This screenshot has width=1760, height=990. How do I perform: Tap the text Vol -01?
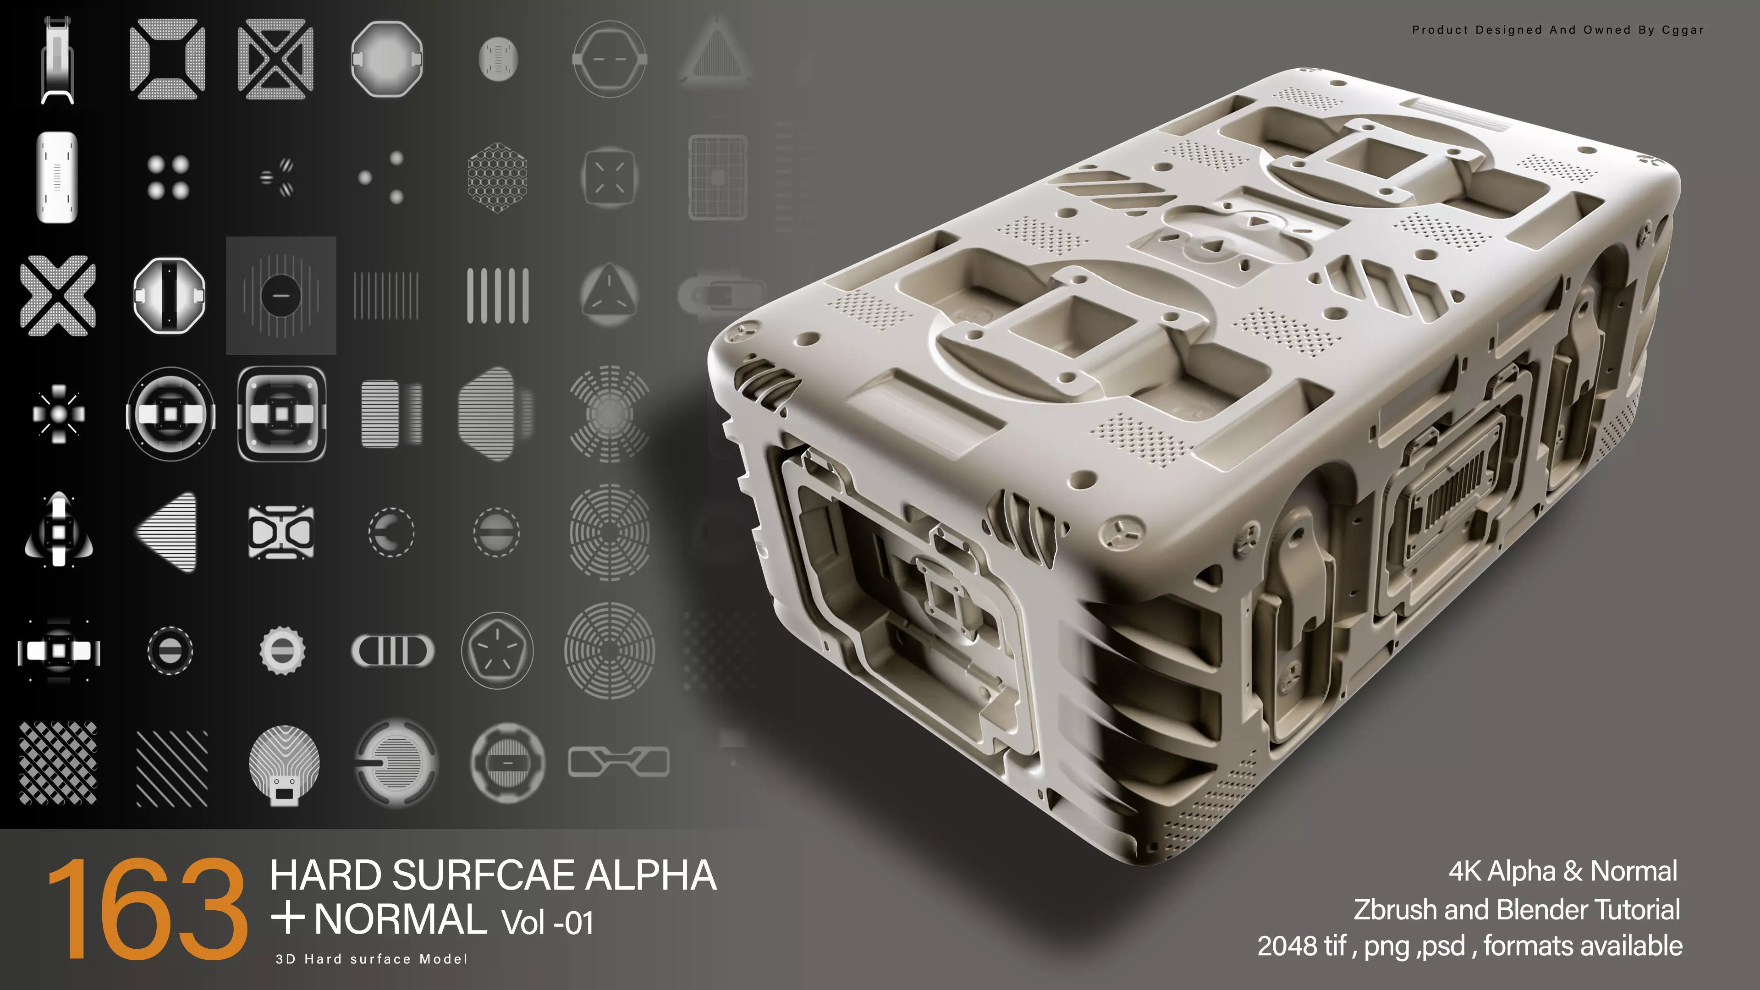click(x=547, y=922)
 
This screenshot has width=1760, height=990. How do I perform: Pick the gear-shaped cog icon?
click(x=282, y=650)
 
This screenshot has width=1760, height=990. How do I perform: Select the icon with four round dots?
click(x=168, y=177)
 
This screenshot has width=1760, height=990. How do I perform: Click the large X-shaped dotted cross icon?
click(x=58, y=295)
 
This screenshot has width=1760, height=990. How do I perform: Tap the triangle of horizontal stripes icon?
click(x=169, y=532)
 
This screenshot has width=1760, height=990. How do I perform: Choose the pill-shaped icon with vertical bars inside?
click(x=392, y=650)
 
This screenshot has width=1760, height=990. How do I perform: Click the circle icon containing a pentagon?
click(x=497, y=650)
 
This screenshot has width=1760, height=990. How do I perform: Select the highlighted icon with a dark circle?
click(x=281, y=295)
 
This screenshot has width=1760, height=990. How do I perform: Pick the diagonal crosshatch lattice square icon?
click(x=58, y=763)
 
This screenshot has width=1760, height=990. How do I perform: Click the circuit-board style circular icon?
click(x=284, y=763)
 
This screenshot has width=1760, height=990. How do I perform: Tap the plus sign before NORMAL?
click(x=288, y=918)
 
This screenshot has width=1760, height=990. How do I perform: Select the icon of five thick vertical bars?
click(x=497, y=295)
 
